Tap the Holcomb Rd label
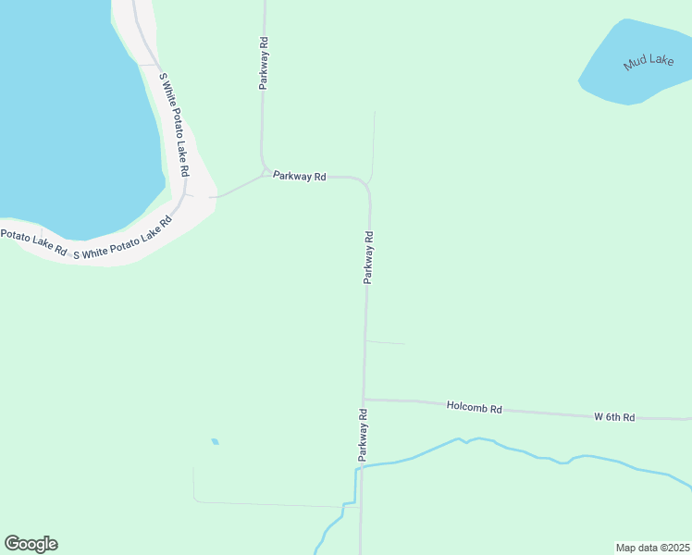[x=474, y=407]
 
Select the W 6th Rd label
[x=614, y=417]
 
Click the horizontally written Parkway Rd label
[x=299, y=176]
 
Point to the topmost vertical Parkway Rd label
[x=264, y=62]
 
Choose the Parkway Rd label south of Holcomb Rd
[x=364, y=435]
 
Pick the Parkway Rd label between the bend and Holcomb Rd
[x=368, y=256]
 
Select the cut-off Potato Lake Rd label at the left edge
[x=33, y=242]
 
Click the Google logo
[x=31, y=544]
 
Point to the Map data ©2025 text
[x=653, y=548]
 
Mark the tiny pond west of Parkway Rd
[x=215, y=441]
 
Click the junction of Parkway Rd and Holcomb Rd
[x=365, y=400]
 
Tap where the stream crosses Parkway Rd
[x=362, y=466]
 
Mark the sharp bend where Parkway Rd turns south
[x=366, y=184]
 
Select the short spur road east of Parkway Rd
[x=386, y=343]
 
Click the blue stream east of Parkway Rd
[x=518, y=451]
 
